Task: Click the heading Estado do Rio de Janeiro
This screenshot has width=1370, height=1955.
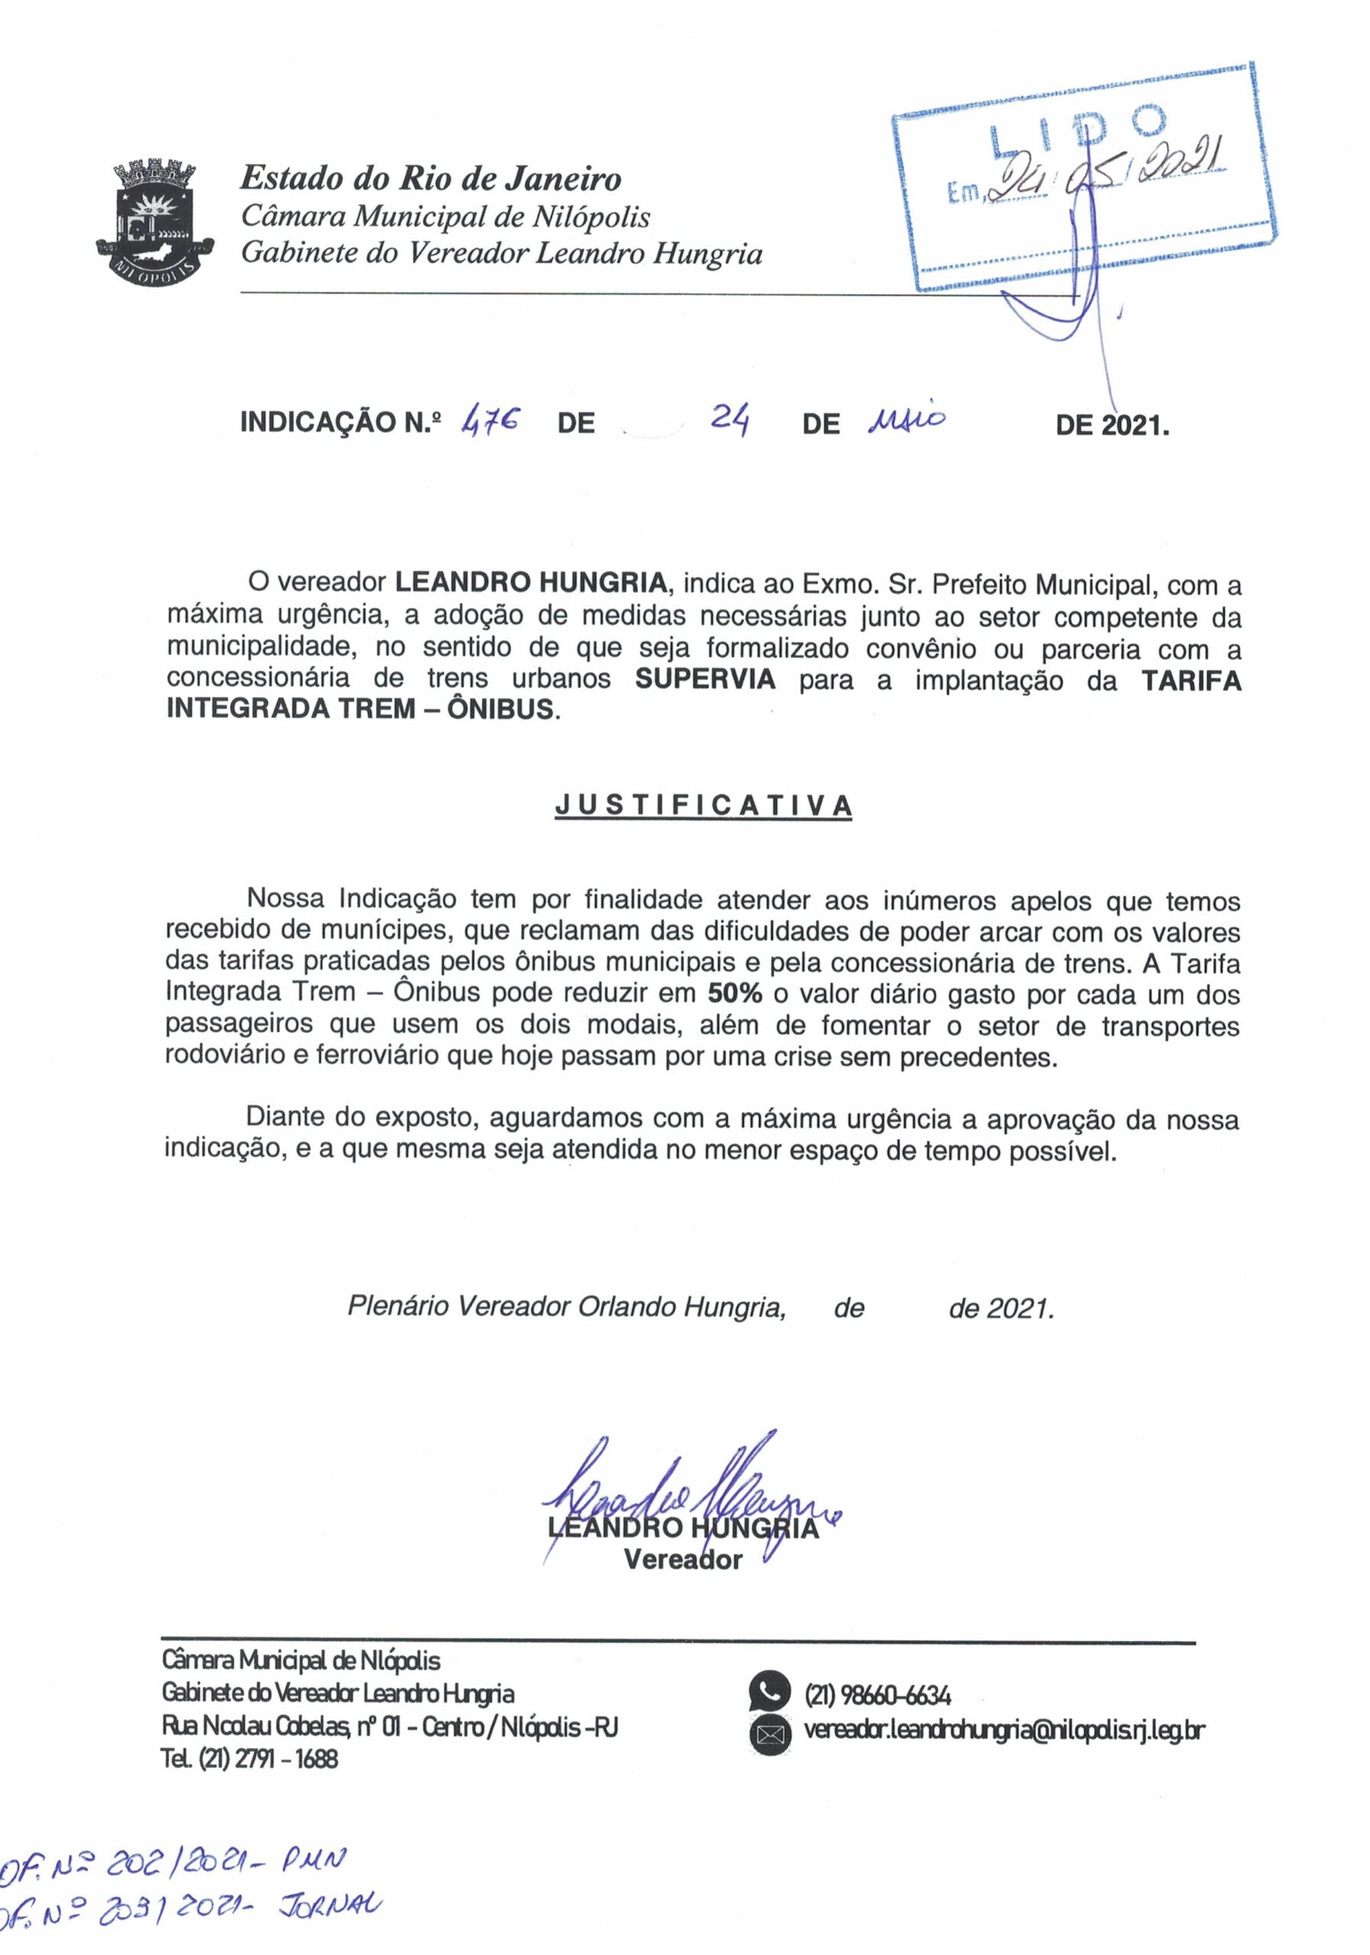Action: [431, 179]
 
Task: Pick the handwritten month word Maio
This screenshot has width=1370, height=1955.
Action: [904, 420]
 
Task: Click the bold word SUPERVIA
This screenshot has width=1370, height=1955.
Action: [706, 680]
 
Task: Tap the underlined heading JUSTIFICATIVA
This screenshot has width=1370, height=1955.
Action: [703, 806]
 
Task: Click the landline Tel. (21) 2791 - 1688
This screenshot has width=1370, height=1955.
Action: [250, 1758]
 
